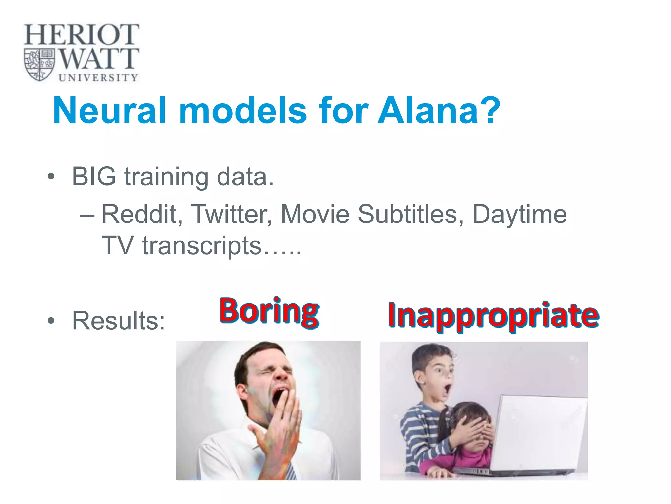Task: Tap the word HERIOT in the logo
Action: tap(81, 34)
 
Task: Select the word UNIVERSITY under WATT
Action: tap(98, 78)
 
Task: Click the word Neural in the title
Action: tap(109, 111)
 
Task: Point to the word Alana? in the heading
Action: tap(439, 111)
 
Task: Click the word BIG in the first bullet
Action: tap(94, 176)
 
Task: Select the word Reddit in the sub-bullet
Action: tap(142, 214)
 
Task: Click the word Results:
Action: tap(119, 321)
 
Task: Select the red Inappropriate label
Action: tap(493, 315)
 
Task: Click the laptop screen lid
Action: tap(541, 433)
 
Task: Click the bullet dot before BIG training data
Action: tap(51, 177)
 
